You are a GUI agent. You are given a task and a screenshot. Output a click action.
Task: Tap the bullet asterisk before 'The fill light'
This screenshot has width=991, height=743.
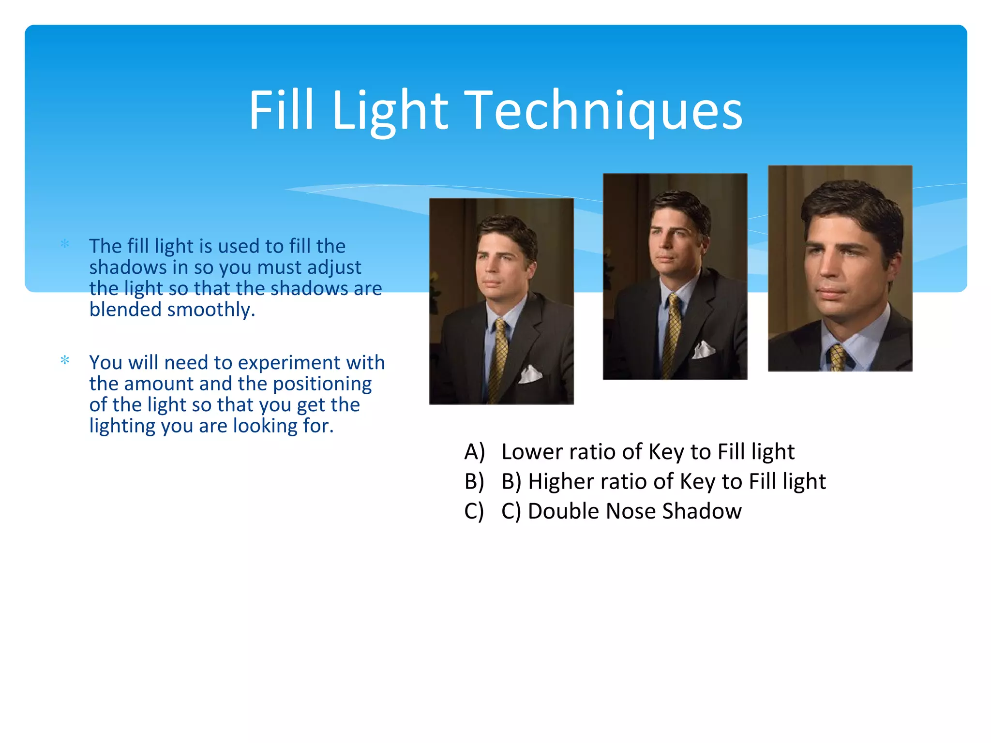pos(65,244)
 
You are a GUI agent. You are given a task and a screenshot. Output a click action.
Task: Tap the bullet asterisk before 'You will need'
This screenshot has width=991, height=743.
pos(65,360)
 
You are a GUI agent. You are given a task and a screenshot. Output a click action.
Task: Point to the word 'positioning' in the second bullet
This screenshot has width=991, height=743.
pos(322,384)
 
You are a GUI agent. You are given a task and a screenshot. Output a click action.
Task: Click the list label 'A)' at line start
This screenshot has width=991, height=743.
pos(474,452)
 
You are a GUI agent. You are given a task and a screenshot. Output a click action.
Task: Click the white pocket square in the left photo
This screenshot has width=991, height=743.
pos(530,374)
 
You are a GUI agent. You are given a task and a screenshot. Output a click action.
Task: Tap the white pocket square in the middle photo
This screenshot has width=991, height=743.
pos(704,349)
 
